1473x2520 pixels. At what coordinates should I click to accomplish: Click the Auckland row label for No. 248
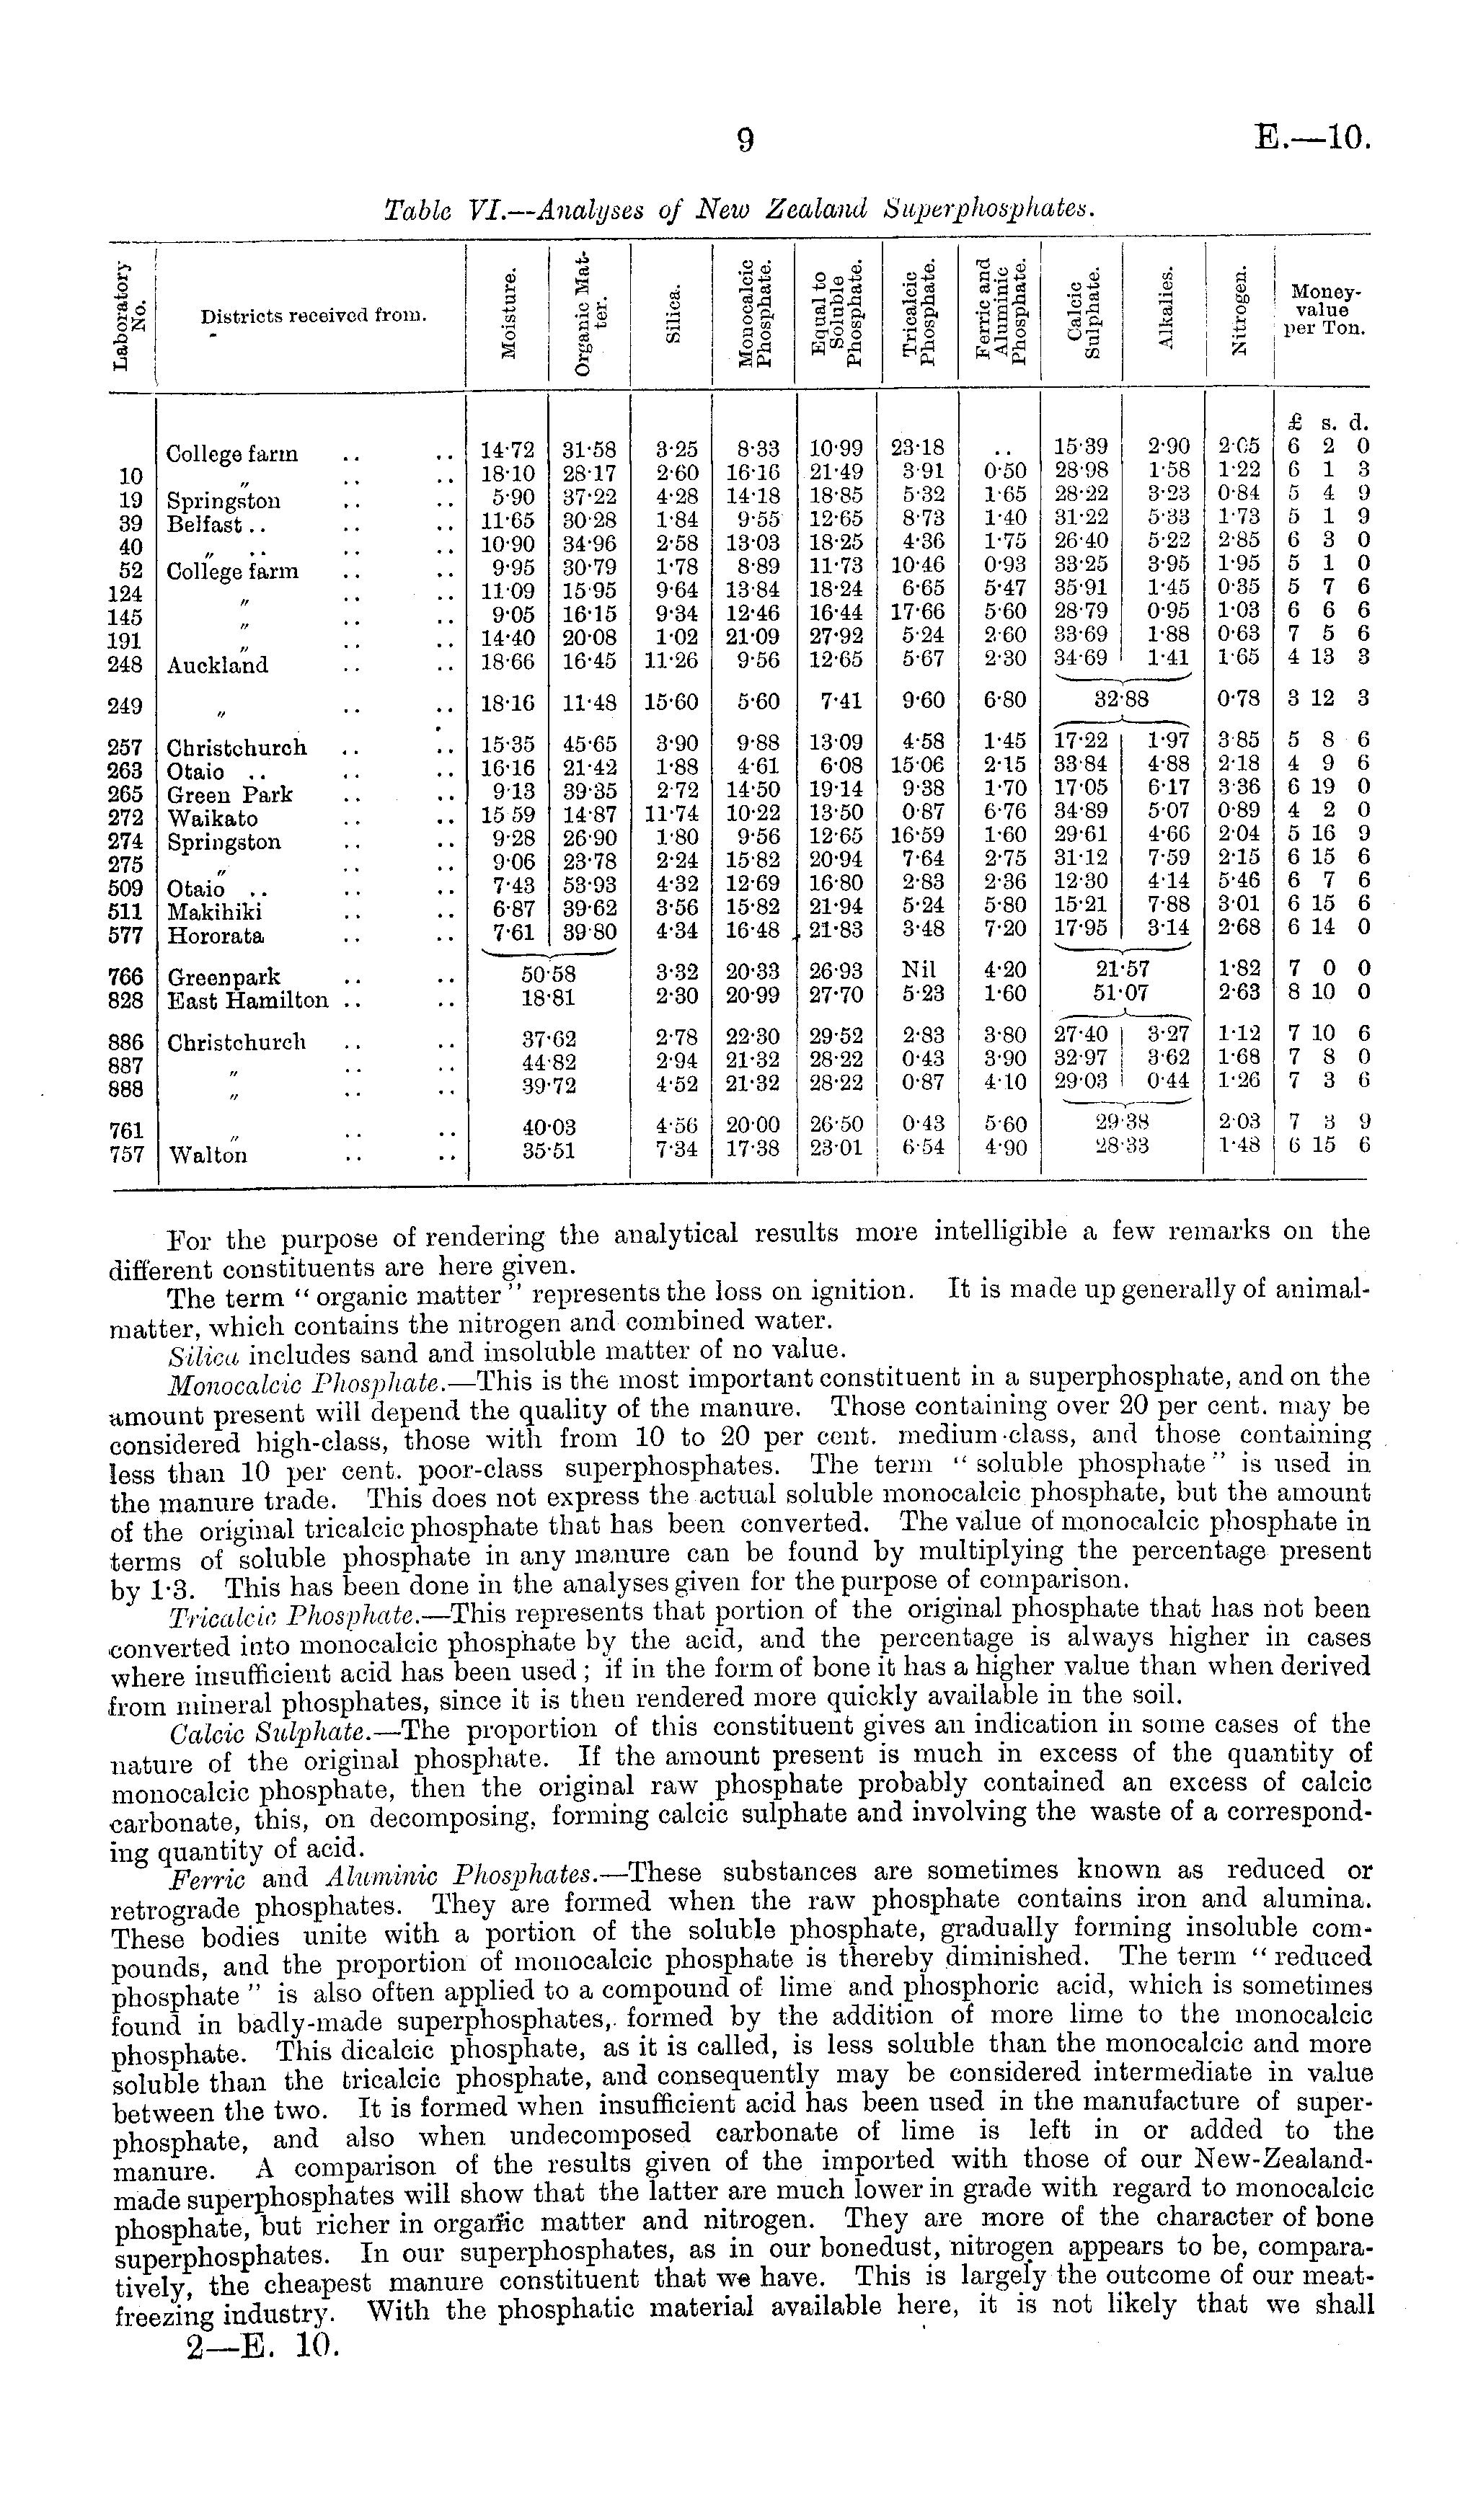(x=217, y=665)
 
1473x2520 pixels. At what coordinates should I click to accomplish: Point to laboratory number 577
(x=126, y=936)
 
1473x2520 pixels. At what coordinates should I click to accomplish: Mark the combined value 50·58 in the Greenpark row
(x=548, y=971)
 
